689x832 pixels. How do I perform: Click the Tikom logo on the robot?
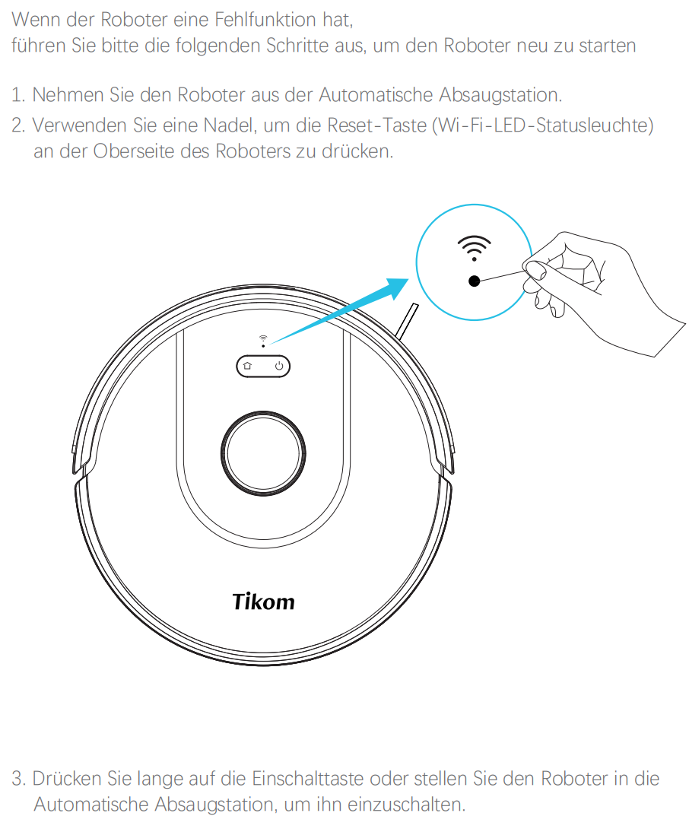[264, 602]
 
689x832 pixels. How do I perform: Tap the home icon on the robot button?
[247, 366]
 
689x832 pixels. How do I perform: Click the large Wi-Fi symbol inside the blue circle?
[475, 248]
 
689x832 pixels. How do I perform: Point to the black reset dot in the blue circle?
[475, 281]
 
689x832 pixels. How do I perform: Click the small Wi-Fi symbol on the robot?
[263, 338]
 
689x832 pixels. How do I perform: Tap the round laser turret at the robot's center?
[263, 453]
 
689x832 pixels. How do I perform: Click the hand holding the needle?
[599, 292]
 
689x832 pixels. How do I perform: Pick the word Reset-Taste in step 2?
[377, 125]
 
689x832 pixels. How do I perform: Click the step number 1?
[18, 95]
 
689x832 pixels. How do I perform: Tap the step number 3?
[18, 779]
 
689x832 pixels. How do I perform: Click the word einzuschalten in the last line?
[406, 805]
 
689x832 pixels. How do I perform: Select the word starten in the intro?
[608, 46]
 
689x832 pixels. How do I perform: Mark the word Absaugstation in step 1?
[500, 95]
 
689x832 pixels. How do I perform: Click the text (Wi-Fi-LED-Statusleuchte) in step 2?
[543, 125]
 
